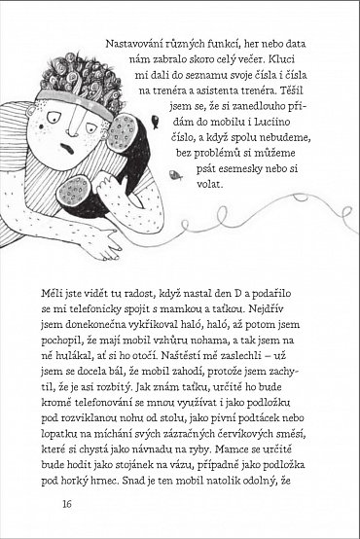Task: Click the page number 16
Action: [66, 503]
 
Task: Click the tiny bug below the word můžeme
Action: [172, 176]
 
